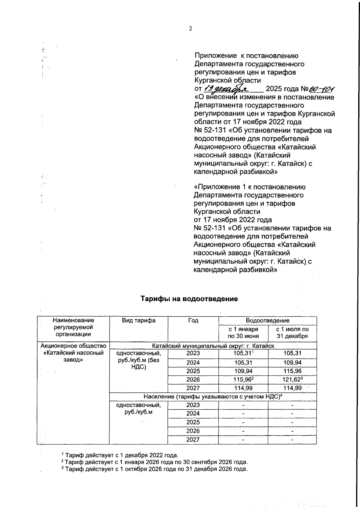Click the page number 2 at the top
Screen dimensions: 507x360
190,29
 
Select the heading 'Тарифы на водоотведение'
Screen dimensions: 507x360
189,299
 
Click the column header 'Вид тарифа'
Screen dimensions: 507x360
139,321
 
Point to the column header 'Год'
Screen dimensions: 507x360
193,321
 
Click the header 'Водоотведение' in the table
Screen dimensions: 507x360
268,321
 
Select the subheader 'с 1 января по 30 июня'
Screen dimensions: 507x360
243,333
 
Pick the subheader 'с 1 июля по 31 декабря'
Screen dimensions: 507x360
292,333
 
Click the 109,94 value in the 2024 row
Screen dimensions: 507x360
292,363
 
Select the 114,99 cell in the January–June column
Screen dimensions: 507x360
243,388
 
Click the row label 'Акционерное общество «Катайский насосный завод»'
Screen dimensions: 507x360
73,353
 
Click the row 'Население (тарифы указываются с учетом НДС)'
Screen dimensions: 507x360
213,397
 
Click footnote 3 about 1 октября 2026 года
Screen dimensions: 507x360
154,469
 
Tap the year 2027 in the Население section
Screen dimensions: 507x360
193,440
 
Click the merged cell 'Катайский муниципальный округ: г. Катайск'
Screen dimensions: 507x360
213,346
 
